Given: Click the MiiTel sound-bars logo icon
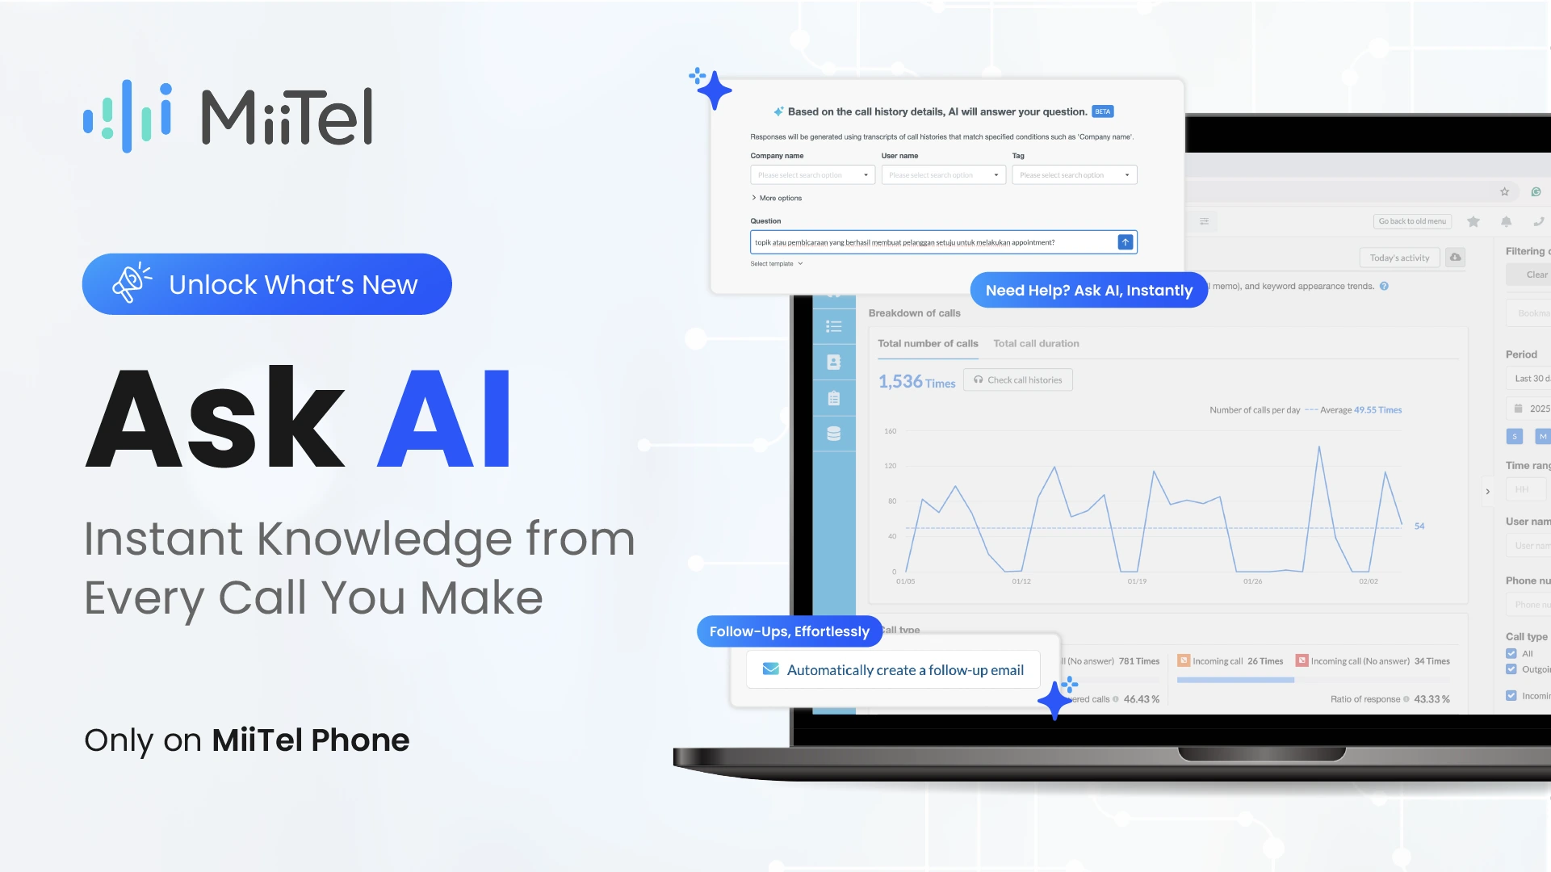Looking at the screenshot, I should [128, 116].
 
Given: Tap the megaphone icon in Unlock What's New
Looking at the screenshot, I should [131, 283].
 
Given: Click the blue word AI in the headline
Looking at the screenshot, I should [445, 418].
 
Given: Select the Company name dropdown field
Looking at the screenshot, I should [812, 175].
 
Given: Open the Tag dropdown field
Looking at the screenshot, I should [1074, 175].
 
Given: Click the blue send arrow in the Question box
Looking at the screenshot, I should [1125, 242].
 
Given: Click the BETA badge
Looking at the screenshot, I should [1103, 111].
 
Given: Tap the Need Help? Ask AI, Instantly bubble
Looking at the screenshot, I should [1088, 290].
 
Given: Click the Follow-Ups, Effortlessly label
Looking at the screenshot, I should [789, 631].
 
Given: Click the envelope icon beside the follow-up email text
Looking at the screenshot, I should [771, 669].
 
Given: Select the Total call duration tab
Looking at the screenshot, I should [1036, 343].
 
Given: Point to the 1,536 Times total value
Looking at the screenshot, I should [916, 382].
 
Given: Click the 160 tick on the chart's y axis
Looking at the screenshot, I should [890, 431].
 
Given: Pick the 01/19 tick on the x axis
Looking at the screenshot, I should [1137, 581].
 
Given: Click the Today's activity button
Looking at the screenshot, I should [1399, 258].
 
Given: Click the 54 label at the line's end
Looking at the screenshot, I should [1419, 526].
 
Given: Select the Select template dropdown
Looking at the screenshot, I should [776, 264].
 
